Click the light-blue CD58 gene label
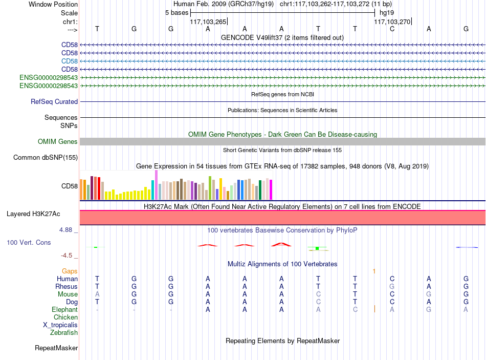70,61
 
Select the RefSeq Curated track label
54,101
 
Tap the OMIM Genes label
58,141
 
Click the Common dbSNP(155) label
46,157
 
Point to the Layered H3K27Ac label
33,214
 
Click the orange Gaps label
70,271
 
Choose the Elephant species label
65,309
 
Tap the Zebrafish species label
64,332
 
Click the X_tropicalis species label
60,325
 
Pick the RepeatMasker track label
56,348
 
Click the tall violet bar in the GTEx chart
156,185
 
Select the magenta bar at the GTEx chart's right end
271,189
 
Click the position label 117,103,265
208,22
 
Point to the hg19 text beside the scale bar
387,13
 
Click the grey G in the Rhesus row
392,286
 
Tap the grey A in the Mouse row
97,294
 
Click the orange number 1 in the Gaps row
374,271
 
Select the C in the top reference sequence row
392,29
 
